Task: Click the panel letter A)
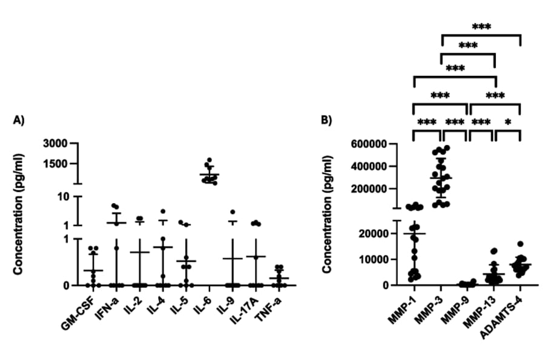click(19, 120)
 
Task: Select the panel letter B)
click(327, 120)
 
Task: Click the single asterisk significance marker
click(508, 122)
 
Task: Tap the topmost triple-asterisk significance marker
click(481, 27)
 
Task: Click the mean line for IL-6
click(210, 175)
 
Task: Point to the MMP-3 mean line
click(441, 178)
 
